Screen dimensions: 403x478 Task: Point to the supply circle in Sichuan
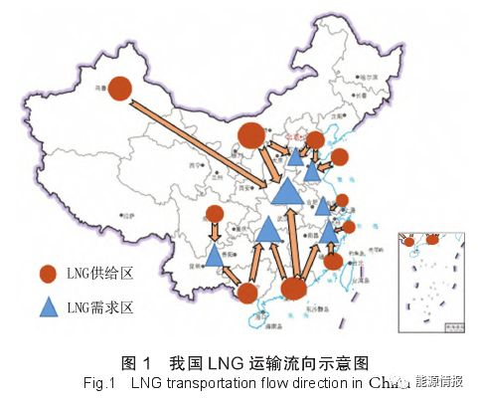click(x=215, y=214)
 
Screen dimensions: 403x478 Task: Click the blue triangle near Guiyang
click(x=215, y=255)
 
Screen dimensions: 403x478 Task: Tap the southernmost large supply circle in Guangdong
click(x=293, y=289)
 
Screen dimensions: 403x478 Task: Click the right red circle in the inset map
click(x=432, y=239)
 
